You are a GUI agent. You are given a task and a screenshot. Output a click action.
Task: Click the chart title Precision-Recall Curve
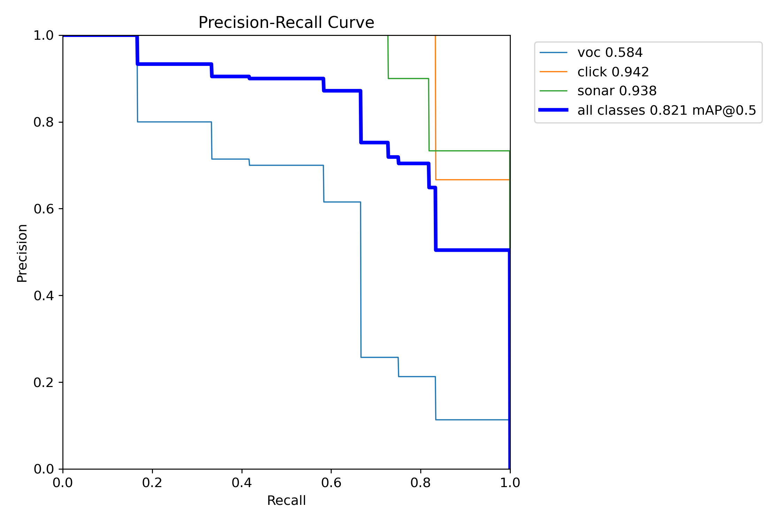click(286, 23)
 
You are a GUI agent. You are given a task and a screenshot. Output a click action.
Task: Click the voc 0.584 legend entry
click(610, 53)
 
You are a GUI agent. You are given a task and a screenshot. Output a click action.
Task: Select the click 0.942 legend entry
click(613, 72)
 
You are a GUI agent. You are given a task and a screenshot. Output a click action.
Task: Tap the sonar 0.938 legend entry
click(617, 91)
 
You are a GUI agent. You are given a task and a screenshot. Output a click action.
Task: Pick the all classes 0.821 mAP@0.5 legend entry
click(667, 111)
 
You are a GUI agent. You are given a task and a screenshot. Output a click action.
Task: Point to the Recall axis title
click(286, 501)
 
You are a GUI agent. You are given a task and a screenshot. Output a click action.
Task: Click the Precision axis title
click(22, 253)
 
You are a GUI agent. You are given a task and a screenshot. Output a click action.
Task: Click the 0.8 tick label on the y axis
click(43, 122)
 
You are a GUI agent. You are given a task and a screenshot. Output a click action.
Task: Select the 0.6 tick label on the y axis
click(43, 209)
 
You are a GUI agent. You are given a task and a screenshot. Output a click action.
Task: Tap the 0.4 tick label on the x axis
click(242, 483)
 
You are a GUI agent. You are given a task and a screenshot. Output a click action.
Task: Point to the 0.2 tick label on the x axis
click(152, 483)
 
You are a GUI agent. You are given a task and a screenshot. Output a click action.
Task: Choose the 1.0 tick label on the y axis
click(43, 36)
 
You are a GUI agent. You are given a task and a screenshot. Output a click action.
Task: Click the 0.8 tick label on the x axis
click(421, 483)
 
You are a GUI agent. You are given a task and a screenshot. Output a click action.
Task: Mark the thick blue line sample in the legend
click(553, 110)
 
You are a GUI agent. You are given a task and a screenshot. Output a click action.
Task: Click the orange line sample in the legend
click(553, 72)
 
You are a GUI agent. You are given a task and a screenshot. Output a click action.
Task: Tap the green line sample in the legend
click(553, 91)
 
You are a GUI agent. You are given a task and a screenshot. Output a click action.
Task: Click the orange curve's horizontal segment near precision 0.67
click(472, 180)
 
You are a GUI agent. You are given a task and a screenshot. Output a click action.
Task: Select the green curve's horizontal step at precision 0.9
click(408, 79)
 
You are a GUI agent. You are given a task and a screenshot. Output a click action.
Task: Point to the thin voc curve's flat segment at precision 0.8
click(174, 122)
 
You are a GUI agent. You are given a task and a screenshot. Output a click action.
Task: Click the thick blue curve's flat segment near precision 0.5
click(472, 250)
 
